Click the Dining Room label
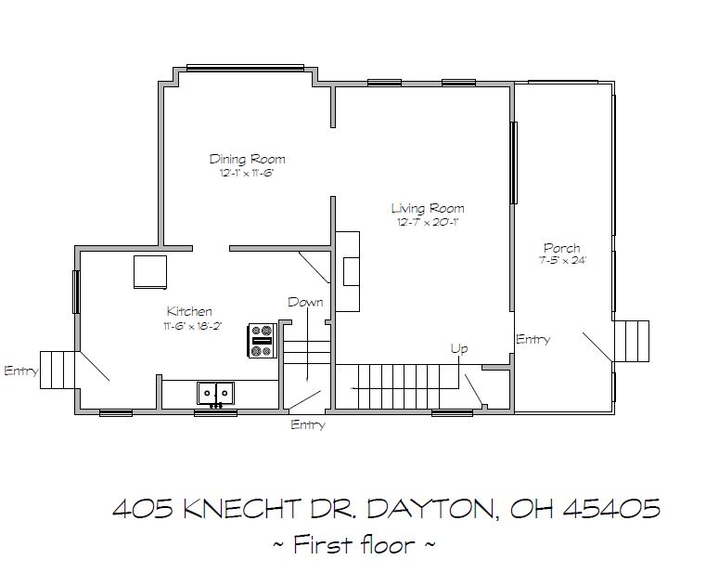tap(247, 159)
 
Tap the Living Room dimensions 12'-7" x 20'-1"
tap(428, 222)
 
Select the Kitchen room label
tap(189, 311)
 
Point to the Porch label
tap(562, 248)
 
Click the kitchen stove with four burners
tap(262, 341)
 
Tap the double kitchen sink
tap(215, 393)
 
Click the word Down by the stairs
tap(306, 302)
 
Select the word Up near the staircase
tap(459, 348)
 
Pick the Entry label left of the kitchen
tap(21, 371)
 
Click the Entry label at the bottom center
tap(308, 424)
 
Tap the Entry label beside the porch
tap(533, 339)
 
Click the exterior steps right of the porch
tap(632, 341)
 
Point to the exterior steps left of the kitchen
tap(58, 370)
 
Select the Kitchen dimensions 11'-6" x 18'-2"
tap(193, 326)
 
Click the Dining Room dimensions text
tap(247, 173)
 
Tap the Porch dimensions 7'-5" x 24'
tap(563, 260)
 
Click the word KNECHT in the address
tap(241, 509)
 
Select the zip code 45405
tap(612, 509)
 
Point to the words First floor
tap(353, 544)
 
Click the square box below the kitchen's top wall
tap(150, 272)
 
